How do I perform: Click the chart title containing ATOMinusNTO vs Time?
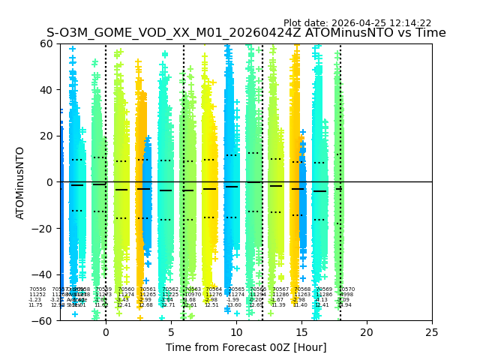pos(246,33)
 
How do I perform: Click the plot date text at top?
pos(357,23)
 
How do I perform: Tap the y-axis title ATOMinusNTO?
pos(20,182)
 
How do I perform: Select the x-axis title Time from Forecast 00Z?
pos(246,347)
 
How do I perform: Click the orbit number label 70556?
pos(37,289)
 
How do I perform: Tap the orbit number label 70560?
pos(126,289)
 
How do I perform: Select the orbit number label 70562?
pos(170,289)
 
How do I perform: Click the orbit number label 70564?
pos(214,289)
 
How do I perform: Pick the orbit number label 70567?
pos(280,289)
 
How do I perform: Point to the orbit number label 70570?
pos(346,289)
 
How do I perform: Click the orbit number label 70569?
pos(324,289)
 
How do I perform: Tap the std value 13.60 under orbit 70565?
pos(234,305)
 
